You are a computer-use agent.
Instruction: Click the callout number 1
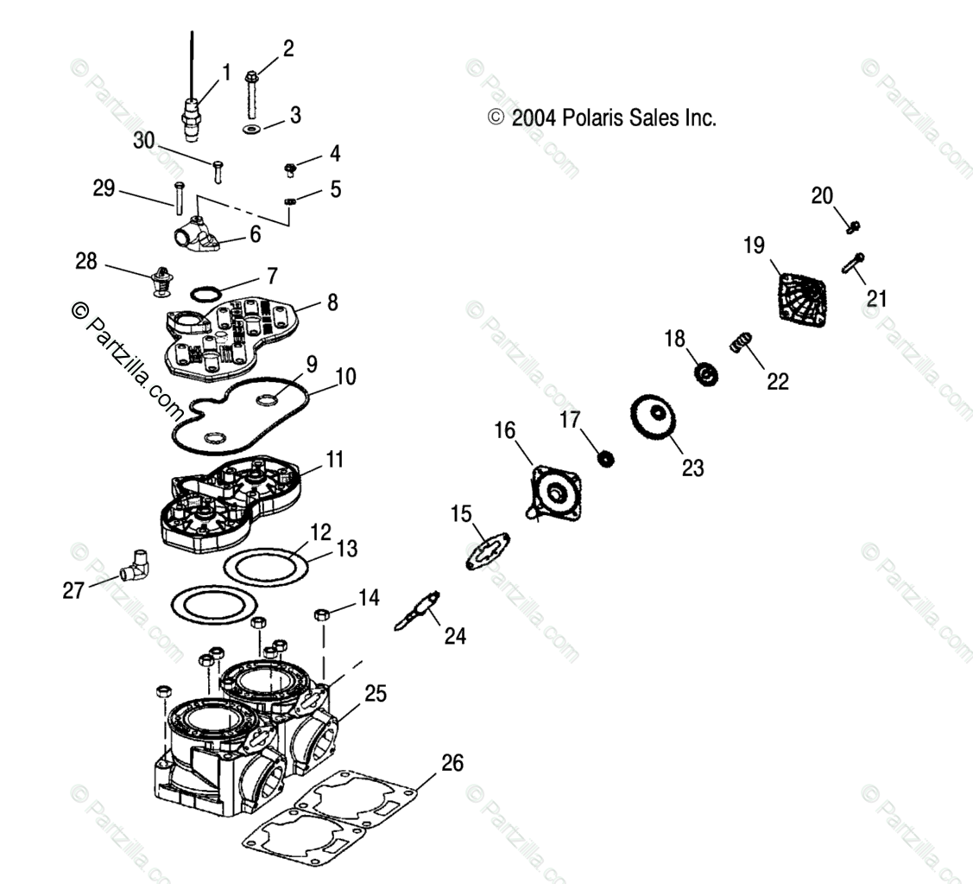click(226, 72)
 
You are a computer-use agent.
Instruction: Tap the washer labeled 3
click(251, 129)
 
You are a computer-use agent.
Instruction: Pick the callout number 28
click(86, 261)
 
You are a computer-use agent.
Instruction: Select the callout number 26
click(452, 763)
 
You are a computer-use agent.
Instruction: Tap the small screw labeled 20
click(853, 226)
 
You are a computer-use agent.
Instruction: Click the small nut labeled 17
click(606, 458)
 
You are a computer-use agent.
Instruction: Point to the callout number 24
click(455, 636)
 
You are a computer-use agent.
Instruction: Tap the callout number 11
click(334, 459)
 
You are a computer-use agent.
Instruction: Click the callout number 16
click(504, 429)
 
